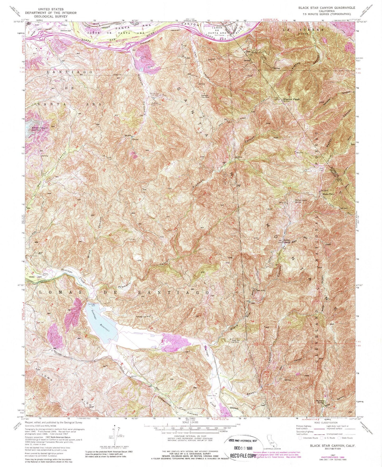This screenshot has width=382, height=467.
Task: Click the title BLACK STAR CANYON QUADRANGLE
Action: pyautogui.click(x=326, y=8)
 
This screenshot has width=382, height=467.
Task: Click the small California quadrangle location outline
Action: pyautogui.click(x=270, y=440)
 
